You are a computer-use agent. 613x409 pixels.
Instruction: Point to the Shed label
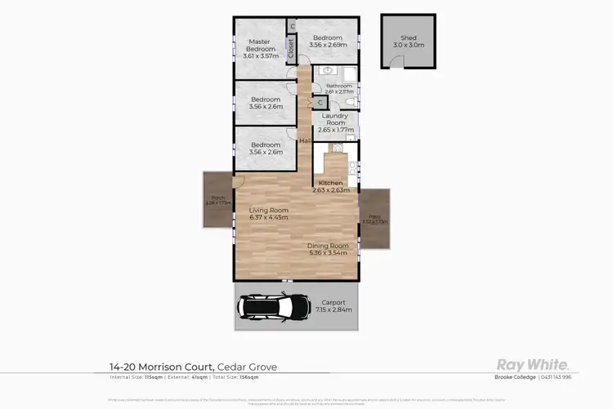pos(408,38)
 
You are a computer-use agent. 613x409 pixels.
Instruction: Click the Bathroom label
pos(338,86)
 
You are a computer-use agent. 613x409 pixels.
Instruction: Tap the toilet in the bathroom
pos(347,101)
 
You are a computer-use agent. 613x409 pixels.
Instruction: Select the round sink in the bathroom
pos(320,71)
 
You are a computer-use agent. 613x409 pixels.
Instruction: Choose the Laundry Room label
pos(335,119)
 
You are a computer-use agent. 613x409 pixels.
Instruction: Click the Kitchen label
pos(330,182)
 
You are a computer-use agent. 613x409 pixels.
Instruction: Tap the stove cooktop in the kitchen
pos(336,148)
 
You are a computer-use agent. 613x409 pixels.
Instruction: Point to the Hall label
pos(305,141)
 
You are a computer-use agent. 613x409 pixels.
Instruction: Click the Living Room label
pos(268,211)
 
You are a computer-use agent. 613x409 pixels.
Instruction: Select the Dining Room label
pos(328,246)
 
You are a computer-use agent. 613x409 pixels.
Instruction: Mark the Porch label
pos(217,198)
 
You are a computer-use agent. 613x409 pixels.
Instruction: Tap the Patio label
pos(374,216)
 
